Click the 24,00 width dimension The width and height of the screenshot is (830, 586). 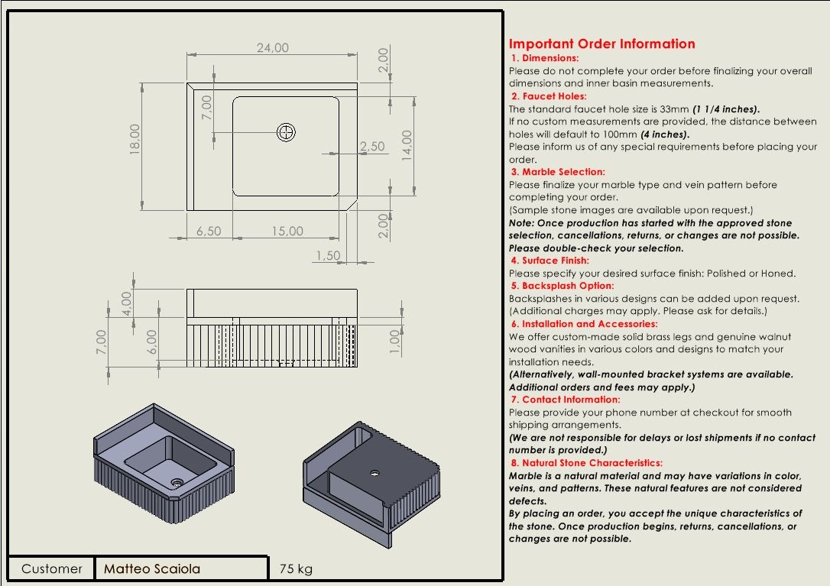pos(272,47)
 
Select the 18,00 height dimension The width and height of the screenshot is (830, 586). pos(135,139)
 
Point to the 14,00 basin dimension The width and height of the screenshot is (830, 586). pos(407,144)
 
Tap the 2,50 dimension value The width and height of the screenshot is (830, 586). pos(372,146)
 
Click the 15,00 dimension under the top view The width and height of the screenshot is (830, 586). pos(287,231)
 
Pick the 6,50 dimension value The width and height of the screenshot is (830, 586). pos(209,231)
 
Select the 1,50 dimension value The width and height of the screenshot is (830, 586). pos(328,256)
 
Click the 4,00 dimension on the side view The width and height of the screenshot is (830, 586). pos(127,303)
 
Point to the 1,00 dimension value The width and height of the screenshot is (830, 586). pos(394,337)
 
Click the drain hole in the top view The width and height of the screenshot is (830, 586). pos(287,133)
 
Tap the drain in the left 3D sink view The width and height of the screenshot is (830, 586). pos(177,482)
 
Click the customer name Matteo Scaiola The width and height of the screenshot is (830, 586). pos(152,568)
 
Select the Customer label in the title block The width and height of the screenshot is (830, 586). pos(52,568)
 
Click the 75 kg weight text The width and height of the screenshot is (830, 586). pos(296,568)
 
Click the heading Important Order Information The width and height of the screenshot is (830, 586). pos(602,44)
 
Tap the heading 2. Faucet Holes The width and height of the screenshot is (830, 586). pos(549,96)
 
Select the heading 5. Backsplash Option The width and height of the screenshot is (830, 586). pos(563,286)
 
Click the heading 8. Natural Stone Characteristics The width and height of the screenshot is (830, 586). pos(586,463)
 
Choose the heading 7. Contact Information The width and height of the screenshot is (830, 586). pos(566,400)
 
